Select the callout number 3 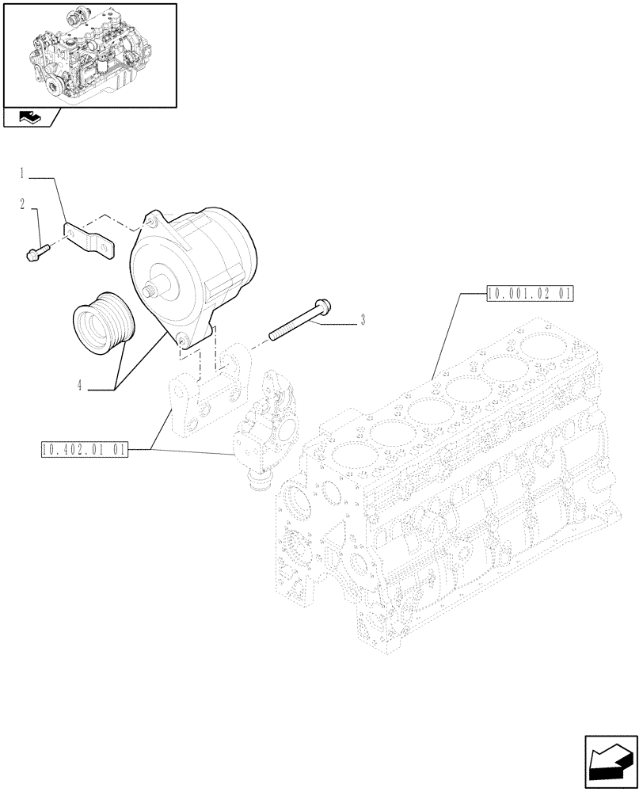click(363, 320)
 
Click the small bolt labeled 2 click(36, 251)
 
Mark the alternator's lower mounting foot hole click(182, 341)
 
